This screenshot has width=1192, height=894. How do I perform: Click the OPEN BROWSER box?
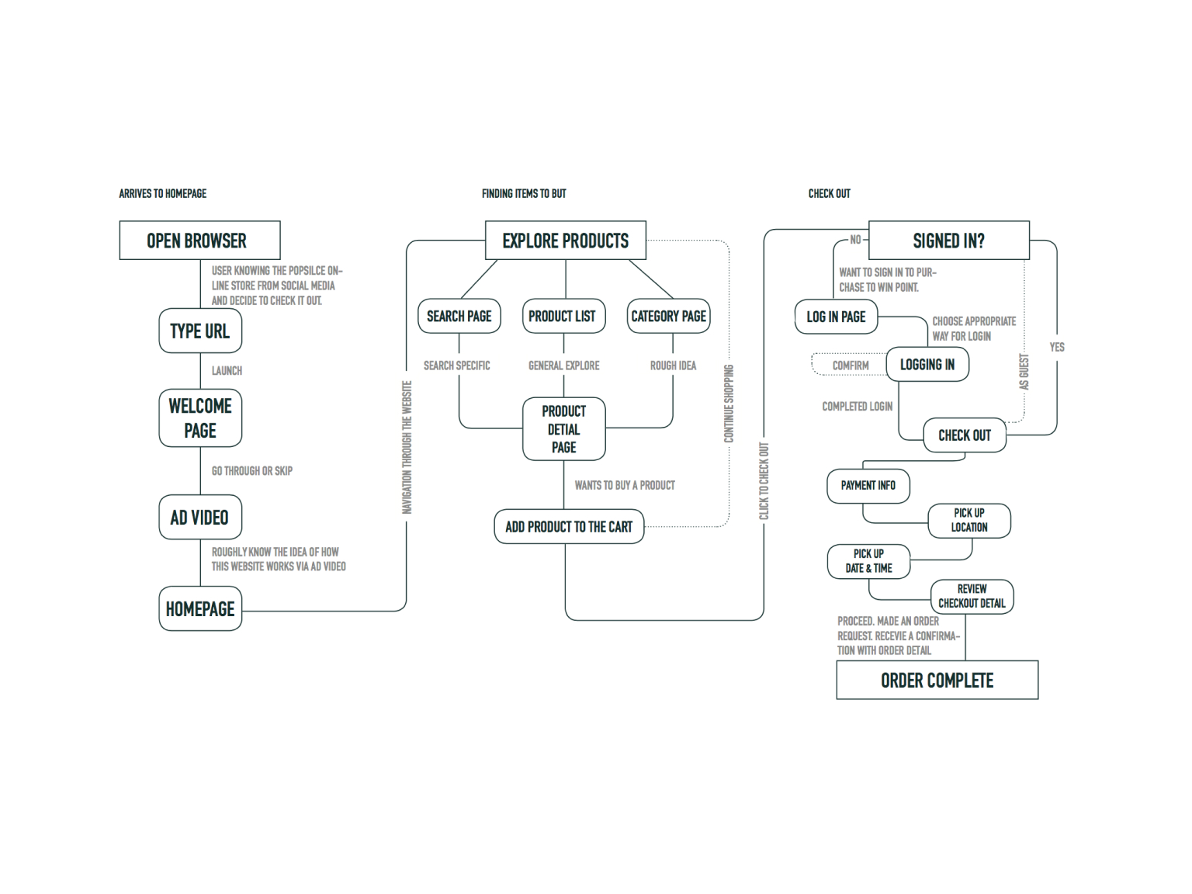click(200, 240)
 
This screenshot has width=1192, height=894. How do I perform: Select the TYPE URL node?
click(200, 331)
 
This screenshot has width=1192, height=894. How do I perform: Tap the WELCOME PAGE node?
click(200, 418)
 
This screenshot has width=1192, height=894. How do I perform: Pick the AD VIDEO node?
click(200, 517)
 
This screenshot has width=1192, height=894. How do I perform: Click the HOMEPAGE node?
click(200, 608)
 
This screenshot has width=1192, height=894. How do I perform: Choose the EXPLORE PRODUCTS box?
click(566, 240)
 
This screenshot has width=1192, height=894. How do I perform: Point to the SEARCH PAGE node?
click(459, 316)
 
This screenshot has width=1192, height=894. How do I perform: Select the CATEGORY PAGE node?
click(668, 316)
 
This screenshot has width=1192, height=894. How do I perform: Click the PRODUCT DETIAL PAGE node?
click(564, 429)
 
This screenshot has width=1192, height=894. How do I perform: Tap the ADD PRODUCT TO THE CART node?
click(569, 526)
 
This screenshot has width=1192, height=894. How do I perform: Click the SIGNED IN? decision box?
click(949, 240)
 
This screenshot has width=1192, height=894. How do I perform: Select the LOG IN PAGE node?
click(837, 317)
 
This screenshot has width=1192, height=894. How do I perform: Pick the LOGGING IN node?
click(927, 364)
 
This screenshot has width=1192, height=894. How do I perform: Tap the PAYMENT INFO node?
click(868, 486)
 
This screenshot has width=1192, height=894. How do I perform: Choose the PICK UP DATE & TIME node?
click(869, 561)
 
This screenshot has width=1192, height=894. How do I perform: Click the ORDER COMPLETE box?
click(937, 680)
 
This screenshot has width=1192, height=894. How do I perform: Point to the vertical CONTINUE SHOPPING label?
click(729, 404)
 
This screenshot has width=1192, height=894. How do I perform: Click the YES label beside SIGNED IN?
click(1057, 348)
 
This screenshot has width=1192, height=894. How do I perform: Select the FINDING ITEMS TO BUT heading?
click(524, 194)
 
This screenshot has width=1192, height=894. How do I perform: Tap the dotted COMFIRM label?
click(851, 366)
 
